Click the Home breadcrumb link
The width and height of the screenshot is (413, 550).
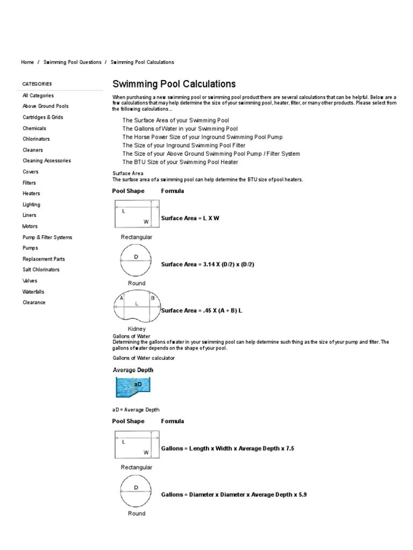tap(27, 62)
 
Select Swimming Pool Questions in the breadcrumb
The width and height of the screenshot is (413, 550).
tap(72, 62)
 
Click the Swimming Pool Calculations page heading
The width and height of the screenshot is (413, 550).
tap(174, 84)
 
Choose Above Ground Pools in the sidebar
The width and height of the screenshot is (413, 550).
tap(46, 106)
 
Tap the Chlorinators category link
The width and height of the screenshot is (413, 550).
tap(36, 139)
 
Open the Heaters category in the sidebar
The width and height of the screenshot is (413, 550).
tap(31, 193)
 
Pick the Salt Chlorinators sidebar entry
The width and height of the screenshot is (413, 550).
tap(41, 270)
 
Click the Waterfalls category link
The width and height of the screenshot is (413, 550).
tap(33, 292)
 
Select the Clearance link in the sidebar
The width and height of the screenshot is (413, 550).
tap(34, 302)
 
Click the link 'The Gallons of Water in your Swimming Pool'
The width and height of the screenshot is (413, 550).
tap(180, 129)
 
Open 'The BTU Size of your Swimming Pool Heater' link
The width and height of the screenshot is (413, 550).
tap(180, 162)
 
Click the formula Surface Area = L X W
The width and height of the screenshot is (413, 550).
tap(190, 219)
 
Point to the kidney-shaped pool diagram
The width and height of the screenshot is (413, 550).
tap(137, 306)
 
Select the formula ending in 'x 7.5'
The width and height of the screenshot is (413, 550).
tap(227, 448)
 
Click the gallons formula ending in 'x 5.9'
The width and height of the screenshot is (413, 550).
tap(234, 494)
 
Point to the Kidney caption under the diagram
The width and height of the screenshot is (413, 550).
tap(137, 329)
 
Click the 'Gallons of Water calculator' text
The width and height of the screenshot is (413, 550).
tap(144, 358)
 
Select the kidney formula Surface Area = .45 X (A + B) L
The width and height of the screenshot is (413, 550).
tap(202, 310)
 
